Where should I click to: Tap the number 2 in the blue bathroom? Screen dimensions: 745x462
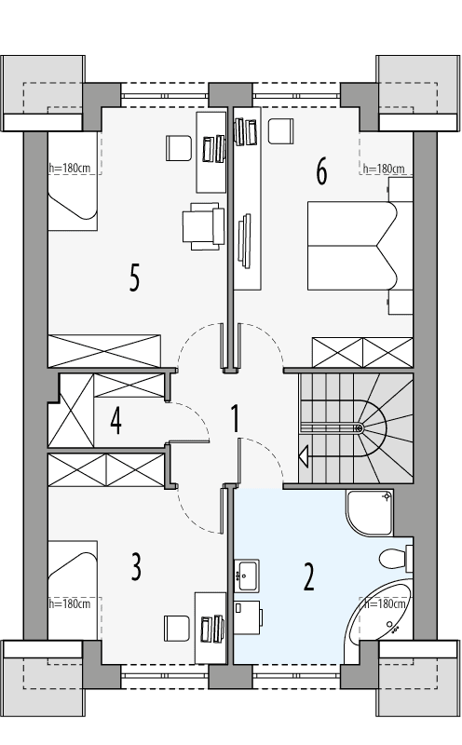coord(308,576)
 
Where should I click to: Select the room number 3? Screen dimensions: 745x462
coord(136,567)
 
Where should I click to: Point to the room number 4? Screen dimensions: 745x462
coord(115,421)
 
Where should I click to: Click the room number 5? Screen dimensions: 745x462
coord(135,278)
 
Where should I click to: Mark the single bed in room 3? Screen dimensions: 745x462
coord(73,570)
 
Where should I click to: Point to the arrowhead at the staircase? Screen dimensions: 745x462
coord(304,455)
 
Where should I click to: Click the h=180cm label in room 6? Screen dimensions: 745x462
coord(384,169)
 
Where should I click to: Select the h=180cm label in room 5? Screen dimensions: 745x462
coord(70,169)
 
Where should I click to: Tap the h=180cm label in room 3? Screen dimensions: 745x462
coord(70,604)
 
